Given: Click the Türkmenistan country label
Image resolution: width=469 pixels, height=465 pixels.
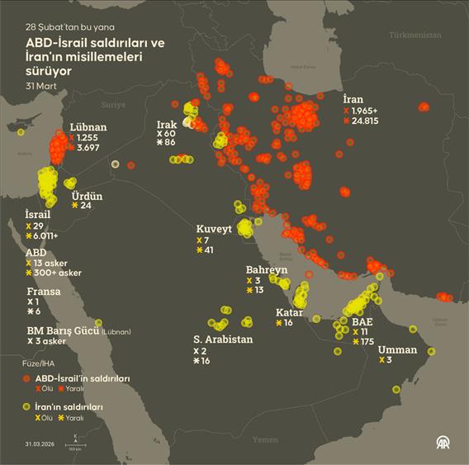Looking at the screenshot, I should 418,36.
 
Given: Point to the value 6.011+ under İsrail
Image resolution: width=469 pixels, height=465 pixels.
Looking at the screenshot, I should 50,235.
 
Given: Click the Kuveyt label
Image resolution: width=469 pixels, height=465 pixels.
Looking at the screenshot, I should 215,228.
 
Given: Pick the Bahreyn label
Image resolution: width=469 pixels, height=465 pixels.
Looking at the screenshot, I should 267,269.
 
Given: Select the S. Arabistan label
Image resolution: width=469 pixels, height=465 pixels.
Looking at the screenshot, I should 223,339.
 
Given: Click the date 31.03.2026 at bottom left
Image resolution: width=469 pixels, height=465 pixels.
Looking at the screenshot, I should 41,444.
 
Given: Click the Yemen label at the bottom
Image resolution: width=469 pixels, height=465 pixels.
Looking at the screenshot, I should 265,440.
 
